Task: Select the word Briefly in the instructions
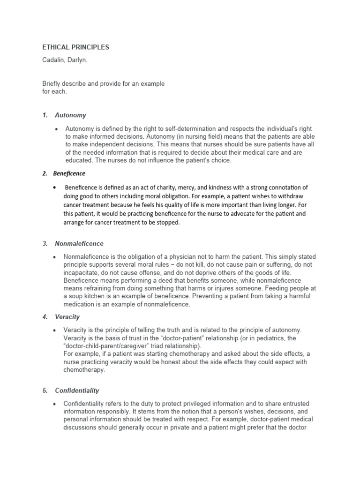pyautogui.click(x=52, y=84)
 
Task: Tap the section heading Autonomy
pyautogui.click(x=70, y=115)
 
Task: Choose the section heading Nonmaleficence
pyautogui.click(x=79, y=244)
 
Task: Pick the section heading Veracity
pyautogui.click(x=67, y=317)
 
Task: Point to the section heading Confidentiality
pyautogui.click(x=77, y=390)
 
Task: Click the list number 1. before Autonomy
pyautogui.click(x=45, y=115)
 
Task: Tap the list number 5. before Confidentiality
pyautogui.click(x=45, y=390)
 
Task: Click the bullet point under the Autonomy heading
pyautogui.click(x=56, y=129)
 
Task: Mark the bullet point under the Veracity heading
pyautogui.click(x=56, y=330)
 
